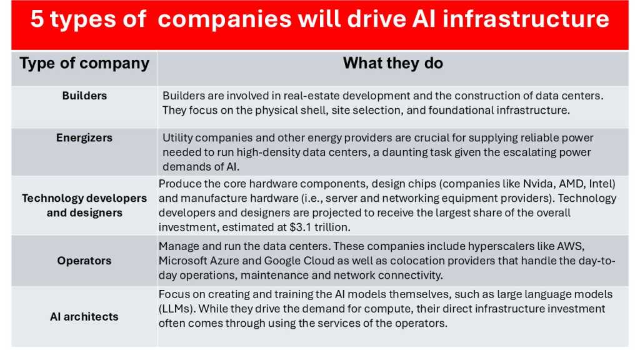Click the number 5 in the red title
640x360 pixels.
tap(38, 20)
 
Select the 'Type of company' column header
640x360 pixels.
tap(84, 63)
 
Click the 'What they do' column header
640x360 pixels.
tap(392, 63)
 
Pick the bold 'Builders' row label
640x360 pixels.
tap(84, 96)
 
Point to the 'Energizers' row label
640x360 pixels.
tap(84, 138)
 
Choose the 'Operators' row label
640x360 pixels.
tap(84, 261)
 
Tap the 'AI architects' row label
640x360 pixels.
tap(84, 316)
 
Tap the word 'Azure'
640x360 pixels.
tap(227, 260)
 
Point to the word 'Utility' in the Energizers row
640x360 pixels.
tap(178, 137)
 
